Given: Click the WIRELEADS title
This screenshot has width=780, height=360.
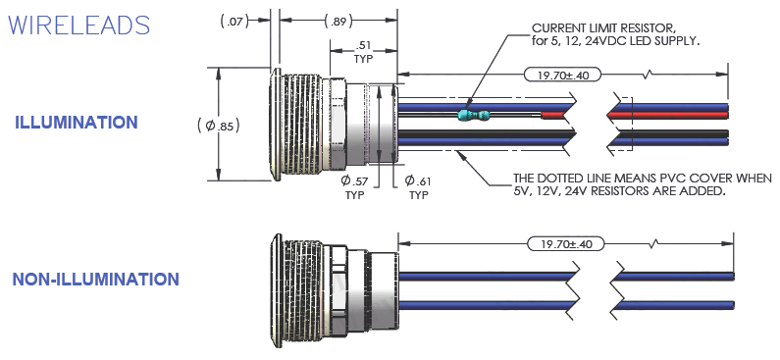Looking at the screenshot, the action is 79,25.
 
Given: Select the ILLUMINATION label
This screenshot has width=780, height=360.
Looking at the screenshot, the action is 77,123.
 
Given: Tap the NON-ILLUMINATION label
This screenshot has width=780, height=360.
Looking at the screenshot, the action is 95,280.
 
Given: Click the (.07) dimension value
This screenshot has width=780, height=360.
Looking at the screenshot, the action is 234,22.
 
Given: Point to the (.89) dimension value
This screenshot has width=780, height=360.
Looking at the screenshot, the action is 338,22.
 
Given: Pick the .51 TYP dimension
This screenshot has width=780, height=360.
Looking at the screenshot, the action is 364,52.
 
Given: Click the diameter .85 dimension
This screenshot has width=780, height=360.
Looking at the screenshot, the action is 219,126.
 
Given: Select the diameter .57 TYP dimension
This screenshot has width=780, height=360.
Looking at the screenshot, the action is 355,187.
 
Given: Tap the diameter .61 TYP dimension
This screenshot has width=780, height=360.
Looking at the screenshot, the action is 418,187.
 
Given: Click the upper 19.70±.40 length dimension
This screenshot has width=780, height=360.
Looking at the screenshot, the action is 562,76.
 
